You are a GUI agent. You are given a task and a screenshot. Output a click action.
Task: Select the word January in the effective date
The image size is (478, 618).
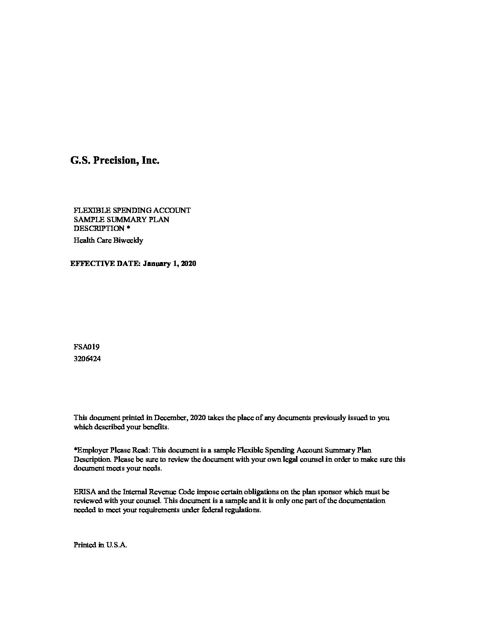point(157,264)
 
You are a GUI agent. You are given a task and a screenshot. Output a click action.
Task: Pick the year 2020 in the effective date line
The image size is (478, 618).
point(188,264)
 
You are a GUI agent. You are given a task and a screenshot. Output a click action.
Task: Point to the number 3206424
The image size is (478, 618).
point(87,359)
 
